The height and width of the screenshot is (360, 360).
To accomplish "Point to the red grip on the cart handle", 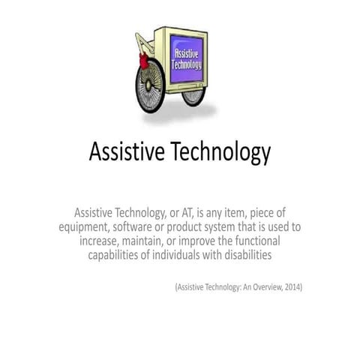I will pos(139,53).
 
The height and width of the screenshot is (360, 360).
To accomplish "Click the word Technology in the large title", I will pos(222,154).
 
